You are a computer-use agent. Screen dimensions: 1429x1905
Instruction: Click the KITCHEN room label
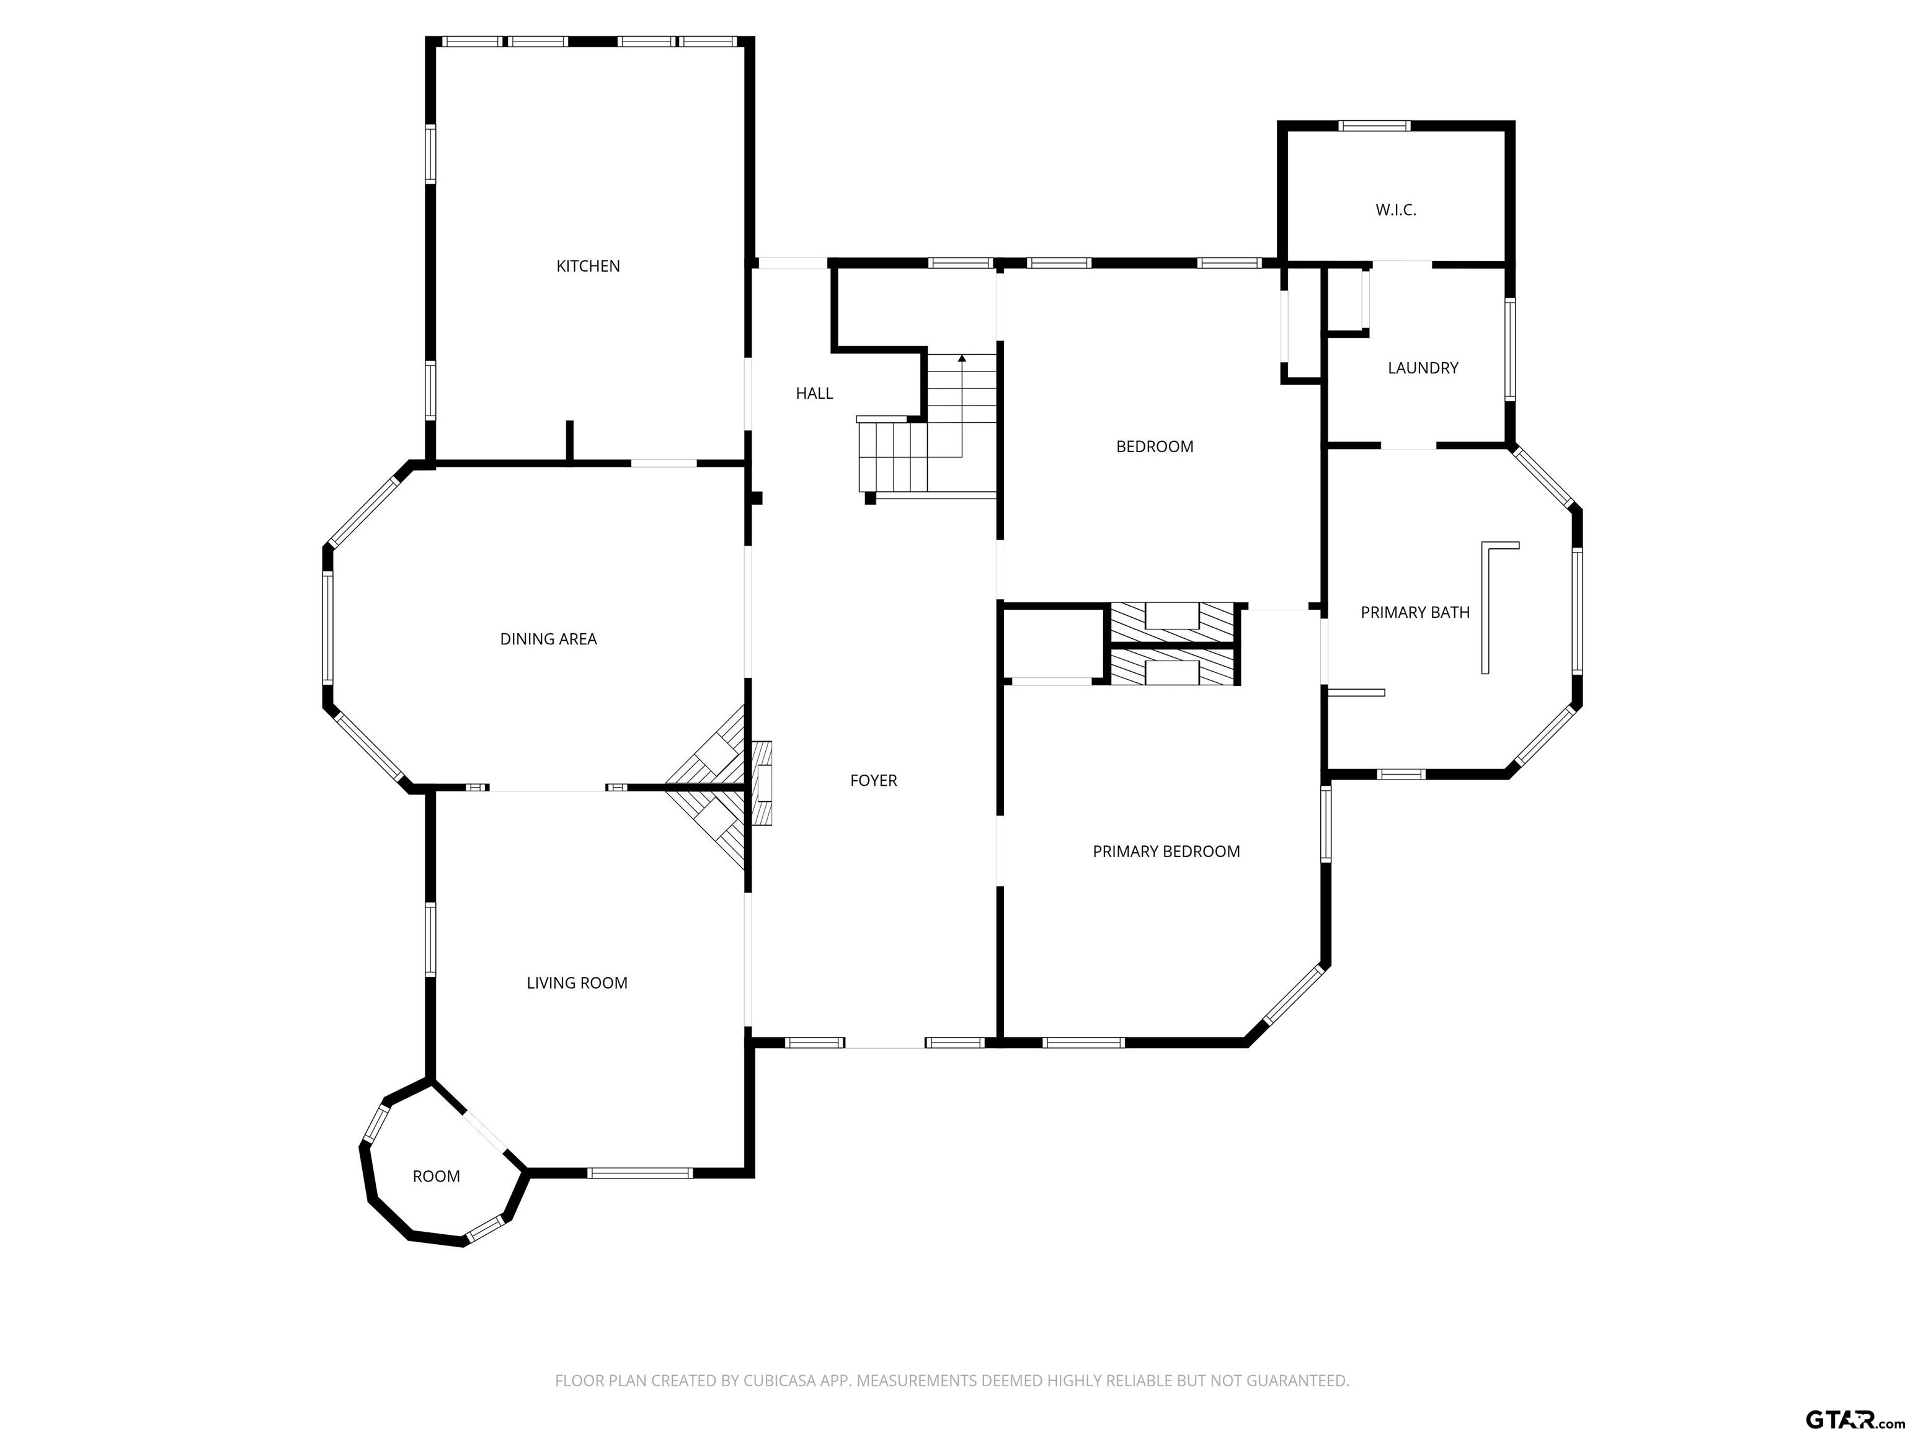[588, 266]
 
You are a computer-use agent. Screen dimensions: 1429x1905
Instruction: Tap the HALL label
[814, 394]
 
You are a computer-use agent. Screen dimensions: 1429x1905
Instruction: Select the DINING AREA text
[549, 639]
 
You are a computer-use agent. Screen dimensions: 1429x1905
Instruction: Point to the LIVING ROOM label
[577, 983]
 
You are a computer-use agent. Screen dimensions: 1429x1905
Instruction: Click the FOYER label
[873, 780]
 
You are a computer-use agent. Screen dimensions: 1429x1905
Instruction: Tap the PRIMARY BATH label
[1415, 612]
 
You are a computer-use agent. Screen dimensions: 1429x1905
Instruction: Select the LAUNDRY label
[1423, 368]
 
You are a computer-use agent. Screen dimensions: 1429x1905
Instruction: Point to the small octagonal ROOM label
[437, 1177]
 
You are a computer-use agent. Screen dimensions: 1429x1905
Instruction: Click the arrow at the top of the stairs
[962, 357]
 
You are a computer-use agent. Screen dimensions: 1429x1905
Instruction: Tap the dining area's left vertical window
[328, 628]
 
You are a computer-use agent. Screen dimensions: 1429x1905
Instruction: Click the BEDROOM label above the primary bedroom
[1154, 446]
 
